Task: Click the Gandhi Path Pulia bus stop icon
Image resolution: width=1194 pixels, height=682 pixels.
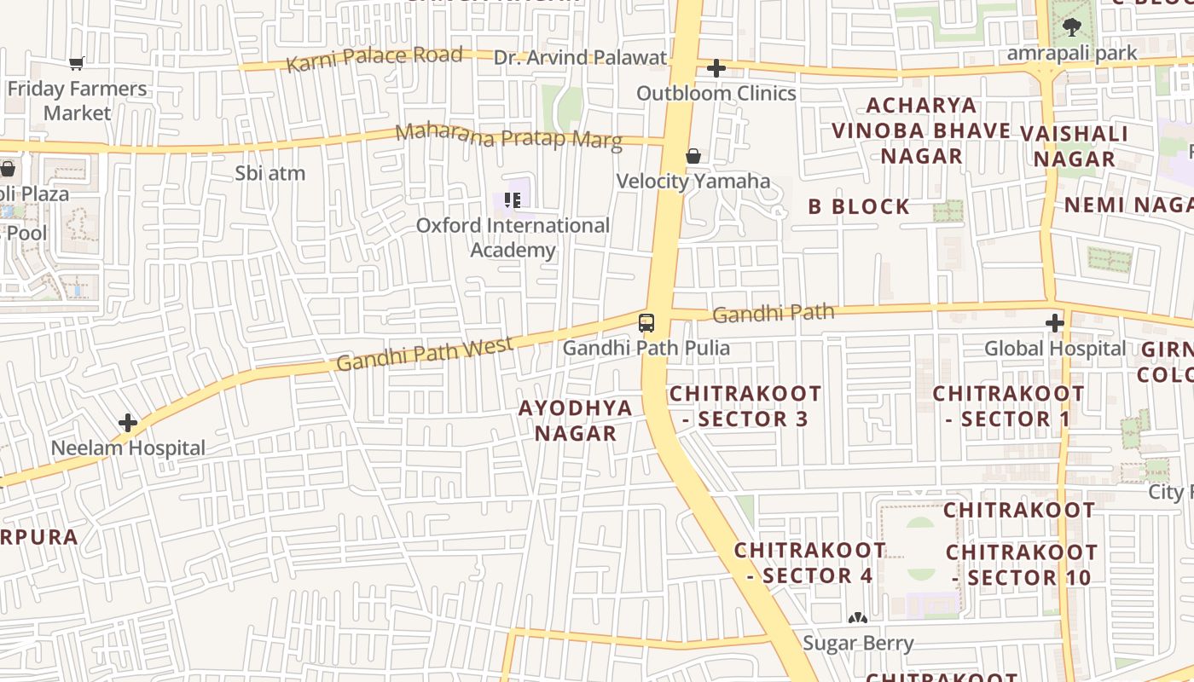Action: tap(646, 322)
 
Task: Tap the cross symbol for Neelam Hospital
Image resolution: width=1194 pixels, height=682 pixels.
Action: tap(128, 422)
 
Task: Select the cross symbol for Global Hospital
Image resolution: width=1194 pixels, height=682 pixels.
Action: tap(1055, 323)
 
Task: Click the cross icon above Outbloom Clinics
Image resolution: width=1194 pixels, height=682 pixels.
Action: tap(716, 68)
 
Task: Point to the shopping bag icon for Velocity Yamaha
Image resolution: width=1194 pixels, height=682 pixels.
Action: tap(693, 156)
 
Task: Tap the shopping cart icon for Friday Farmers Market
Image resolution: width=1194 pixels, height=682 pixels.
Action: tap(76, 63)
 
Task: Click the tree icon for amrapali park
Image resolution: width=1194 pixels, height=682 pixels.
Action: tap(1072, 28)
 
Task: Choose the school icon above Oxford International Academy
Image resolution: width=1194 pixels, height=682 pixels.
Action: tap(512, 200)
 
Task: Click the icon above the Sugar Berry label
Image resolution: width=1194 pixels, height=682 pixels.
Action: tap(857, 618)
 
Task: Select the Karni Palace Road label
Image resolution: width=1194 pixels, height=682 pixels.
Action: tap(374, 59)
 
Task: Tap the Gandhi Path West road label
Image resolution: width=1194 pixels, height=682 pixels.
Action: tap(425, 354)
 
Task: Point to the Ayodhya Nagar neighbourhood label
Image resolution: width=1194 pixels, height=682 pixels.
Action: tap(576, 420)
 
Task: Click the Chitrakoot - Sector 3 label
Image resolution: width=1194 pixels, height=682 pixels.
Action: tap(745, 407)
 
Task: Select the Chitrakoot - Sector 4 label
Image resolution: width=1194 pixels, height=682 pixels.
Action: tap(810, 563)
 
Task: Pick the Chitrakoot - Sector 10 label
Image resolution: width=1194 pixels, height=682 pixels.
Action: tap(1021, 564)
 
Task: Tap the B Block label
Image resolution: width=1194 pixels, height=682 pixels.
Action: tap(859, 206)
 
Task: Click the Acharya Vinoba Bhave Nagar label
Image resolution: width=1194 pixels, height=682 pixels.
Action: tap(921, 130)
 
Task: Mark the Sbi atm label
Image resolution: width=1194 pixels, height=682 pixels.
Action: tap(270, 173)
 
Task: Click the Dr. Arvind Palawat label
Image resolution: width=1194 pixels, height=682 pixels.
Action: tap(581, 58)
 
